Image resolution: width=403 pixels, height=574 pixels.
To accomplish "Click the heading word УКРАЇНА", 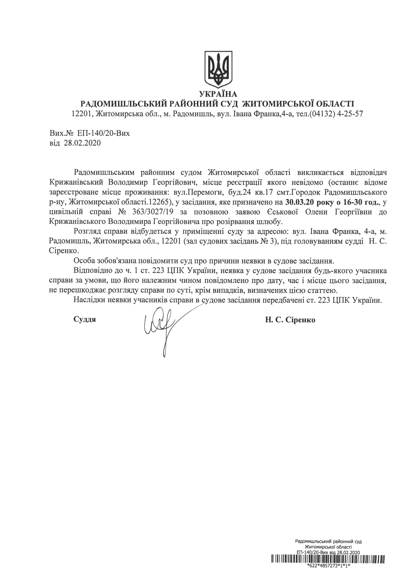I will [x=218, y=94].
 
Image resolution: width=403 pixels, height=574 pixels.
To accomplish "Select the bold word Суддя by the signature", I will [x=85, y=320].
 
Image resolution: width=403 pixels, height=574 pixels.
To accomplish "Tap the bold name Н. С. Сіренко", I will [x=290, y=320].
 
